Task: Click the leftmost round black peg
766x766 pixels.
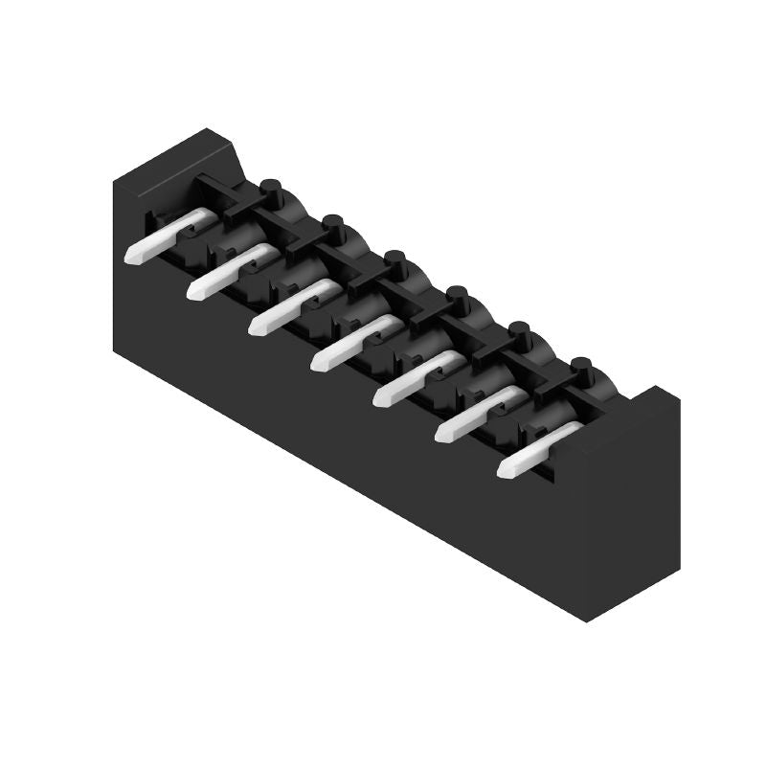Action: [271, 188]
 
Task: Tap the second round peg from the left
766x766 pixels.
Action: [333, 224]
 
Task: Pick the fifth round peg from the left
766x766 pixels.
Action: [519, 331]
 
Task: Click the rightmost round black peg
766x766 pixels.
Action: [581, 367]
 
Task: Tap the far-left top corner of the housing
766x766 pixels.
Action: [114, 180]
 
